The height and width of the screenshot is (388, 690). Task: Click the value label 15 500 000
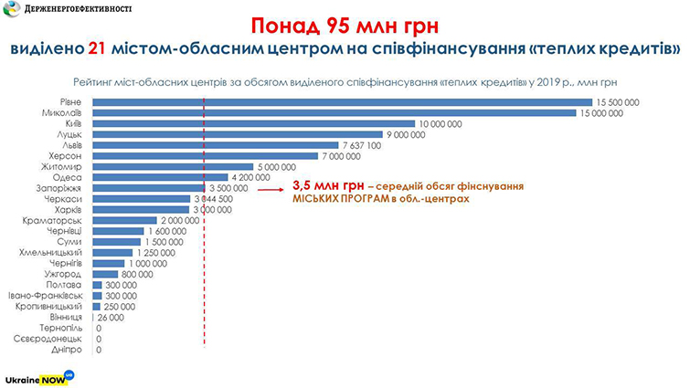[x=618, y=101]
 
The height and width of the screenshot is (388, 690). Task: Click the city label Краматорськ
[x=54, y=221]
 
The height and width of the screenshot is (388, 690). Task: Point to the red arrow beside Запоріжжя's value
[x=271, y=189]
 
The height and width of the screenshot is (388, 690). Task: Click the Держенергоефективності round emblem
[x=16, y=11]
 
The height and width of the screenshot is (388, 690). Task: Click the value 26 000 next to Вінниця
[x=111, y=318]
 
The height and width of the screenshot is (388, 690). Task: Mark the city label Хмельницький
[x=52, y=253]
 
